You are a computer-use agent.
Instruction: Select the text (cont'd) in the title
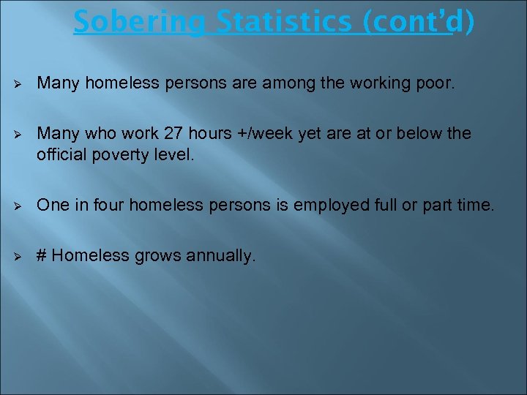[x=416, y=22]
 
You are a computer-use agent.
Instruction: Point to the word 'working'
[x=382, y=84]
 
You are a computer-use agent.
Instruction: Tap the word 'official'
[x=61, y=155]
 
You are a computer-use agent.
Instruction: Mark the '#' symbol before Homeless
[x=42, y=255]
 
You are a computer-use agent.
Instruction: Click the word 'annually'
[x=220, y=255]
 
